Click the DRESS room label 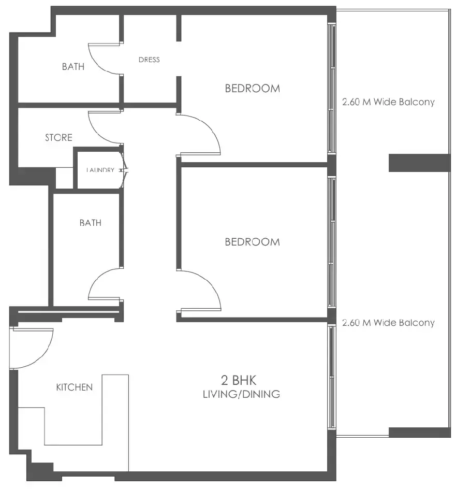[149, 60]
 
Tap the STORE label [58, 138]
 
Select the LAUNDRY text [100, 170]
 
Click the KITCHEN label [75, 387]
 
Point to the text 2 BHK [241, 381]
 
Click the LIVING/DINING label [241, 395]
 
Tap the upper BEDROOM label [252, 89]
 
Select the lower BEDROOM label [252, 242]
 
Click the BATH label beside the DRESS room [73, 67]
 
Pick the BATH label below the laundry [91, 223]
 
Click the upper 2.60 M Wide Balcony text [388, 102]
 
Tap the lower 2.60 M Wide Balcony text [388, 323]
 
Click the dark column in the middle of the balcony [419, 163]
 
